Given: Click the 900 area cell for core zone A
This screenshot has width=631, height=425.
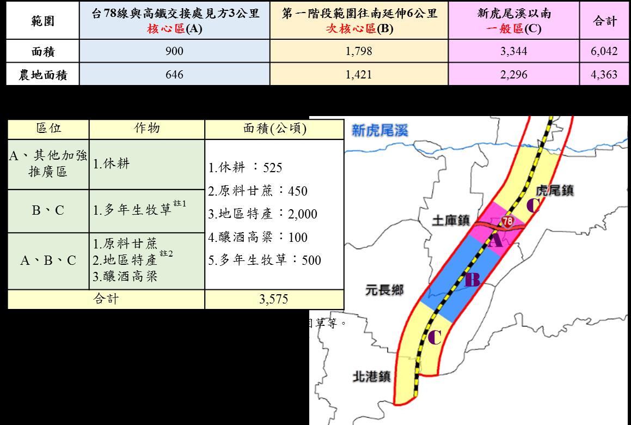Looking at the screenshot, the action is (175, 52).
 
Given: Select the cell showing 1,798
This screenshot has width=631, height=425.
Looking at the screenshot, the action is (359, 52).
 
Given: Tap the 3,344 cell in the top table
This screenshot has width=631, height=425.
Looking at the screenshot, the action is (514, 52).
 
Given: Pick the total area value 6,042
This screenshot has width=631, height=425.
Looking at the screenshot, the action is (604, 52).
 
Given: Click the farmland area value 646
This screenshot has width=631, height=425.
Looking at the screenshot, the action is (175, 74).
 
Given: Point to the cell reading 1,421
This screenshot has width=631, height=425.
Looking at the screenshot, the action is (359, 74).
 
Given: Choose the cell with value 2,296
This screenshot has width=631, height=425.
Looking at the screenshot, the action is (514, 74).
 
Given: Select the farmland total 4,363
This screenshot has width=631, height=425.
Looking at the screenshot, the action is (604, 74).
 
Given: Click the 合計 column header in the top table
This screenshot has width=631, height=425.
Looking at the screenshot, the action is (604, 21).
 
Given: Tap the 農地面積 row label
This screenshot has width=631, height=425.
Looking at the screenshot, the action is (43, 75).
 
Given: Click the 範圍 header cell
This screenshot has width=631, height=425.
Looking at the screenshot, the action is (43, 21).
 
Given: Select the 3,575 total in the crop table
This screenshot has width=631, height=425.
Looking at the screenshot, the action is (274, 299).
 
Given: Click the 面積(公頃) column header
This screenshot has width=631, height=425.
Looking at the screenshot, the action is (274, 129).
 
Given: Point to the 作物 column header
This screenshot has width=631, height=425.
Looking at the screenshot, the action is (147, 129).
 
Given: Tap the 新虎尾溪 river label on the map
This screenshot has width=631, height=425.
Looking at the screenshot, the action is (379, 130).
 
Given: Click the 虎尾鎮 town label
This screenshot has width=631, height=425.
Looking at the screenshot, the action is (555, 191).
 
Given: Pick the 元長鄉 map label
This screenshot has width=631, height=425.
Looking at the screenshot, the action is (384, 289).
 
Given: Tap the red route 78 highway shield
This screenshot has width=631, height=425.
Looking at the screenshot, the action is (507, 221).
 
